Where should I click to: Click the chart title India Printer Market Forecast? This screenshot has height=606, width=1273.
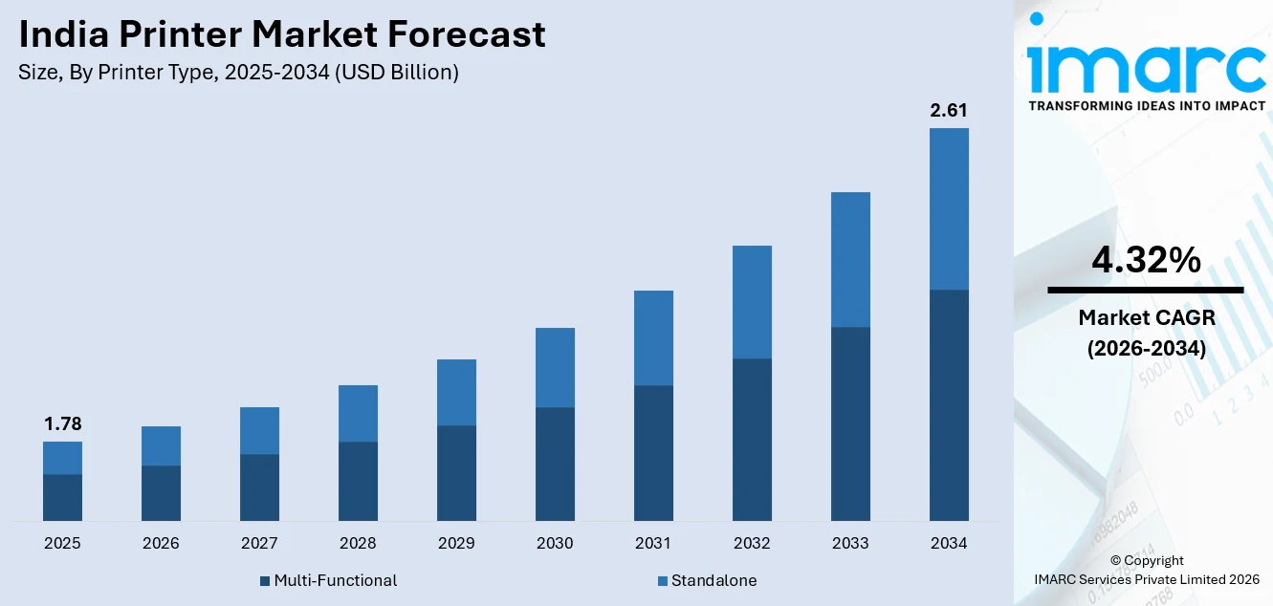tap(282, 34)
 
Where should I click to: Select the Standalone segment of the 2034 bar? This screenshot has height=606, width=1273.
tap(949, 208)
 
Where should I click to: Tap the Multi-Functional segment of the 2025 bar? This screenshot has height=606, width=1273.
tap(62, 497)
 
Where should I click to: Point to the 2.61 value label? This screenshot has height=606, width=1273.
tap(949, 111)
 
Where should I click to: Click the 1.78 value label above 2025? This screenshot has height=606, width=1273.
tap(62, 424)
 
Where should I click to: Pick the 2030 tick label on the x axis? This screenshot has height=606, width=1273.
tap(555, 543)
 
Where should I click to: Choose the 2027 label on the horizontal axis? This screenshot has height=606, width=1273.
tap(259, 543)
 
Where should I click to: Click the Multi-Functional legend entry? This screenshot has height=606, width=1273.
tap(328, 580)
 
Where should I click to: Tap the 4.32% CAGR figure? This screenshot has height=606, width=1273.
tap(1145, 260)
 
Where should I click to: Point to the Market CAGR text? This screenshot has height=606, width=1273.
tap(1145, 317)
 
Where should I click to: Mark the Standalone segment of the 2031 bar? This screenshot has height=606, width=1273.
tap(653, 337)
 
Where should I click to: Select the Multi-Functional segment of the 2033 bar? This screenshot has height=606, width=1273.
tap(850, 423)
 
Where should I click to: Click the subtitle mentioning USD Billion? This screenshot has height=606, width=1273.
tap(239, 73)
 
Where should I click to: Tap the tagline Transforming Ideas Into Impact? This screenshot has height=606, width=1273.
tap(1146, 106)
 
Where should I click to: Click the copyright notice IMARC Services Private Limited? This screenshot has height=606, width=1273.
tap(1147, 578)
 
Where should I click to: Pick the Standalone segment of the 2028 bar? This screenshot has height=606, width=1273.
tap(358, 413)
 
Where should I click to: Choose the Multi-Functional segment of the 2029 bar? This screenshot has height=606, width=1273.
tap(456, 472)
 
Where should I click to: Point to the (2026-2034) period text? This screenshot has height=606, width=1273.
tap(1145, 349)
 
